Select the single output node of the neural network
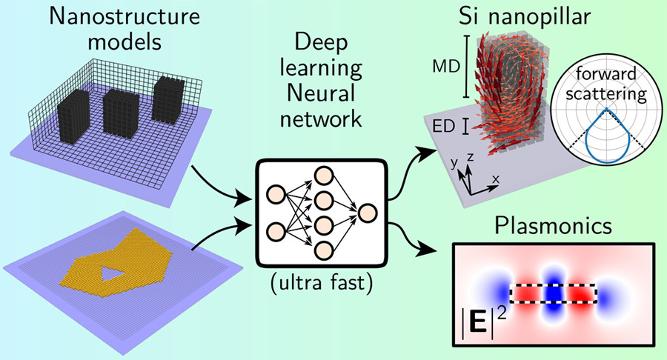tap(368, 213)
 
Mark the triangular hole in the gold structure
tap(112, 276)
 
